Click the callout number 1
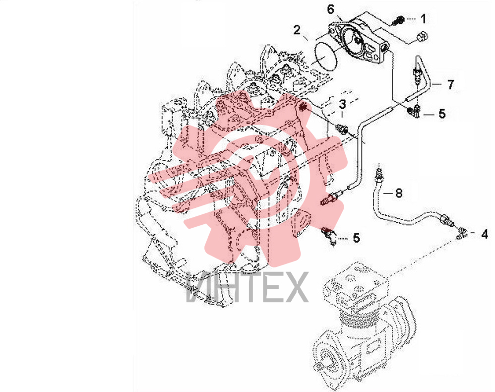tap(423, 19)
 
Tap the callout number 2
tap(297, 30)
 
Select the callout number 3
tap(343, 104)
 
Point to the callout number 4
tap(485, 234)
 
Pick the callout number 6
tap(330, 9)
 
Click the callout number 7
tap(450, 84)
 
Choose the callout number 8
tap(399, 193)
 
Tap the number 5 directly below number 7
tap(442, 114)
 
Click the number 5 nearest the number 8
tap(357, 238)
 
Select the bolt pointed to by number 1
tap(398, 20)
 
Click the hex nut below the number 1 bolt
tap(422, 36)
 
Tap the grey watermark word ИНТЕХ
tap(247, 287)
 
